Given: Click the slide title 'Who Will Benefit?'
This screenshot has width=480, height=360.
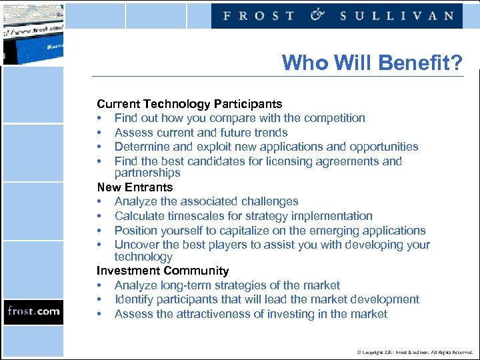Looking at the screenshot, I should (371, 63).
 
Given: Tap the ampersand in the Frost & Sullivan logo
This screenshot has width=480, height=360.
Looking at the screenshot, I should (317, 14).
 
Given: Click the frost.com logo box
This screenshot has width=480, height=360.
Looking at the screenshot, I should (33, 311).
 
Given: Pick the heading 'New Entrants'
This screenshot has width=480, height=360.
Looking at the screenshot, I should (135, 187).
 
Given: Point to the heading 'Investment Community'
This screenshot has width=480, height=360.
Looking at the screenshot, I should (163, 271).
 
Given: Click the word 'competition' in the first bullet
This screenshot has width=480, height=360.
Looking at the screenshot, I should (335, 118).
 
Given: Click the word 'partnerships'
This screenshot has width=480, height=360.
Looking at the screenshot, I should (147, 173).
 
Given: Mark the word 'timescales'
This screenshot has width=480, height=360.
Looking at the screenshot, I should (191, 216).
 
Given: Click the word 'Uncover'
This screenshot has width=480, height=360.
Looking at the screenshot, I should (136, 245).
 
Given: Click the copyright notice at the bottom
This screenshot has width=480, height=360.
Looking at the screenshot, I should (414, 351).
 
